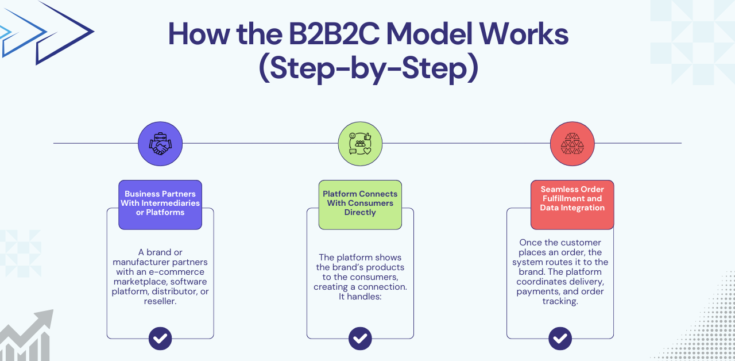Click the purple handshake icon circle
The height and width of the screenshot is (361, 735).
coord(160,144)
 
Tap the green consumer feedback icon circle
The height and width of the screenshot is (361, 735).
coord(360,144)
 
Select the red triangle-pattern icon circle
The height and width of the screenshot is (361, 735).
coord(572,144)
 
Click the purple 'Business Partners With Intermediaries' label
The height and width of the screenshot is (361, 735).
coord(160,203)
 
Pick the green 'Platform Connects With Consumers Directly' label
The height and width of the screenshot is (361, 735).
coord(360,203)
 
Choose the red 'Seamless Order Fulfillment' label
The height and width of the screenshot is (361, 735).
coord(572,199)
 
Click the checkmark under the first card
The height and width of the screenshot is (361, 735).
coord(160,338)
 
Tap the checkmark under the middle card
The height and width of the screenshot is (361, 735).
coord(360,338)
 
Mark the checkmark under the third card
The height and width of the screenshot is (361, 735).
coord(560,338)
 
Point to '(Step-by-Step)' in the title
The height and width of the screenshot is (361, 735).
coord(368,69)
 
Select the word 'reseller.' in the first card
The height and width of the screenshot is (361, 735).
coord(160,301)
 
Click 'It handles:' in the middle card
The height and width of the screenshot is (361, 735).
coord(360,297)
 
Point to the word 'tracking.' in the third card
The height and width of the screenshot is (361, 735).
coord(560,301)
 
